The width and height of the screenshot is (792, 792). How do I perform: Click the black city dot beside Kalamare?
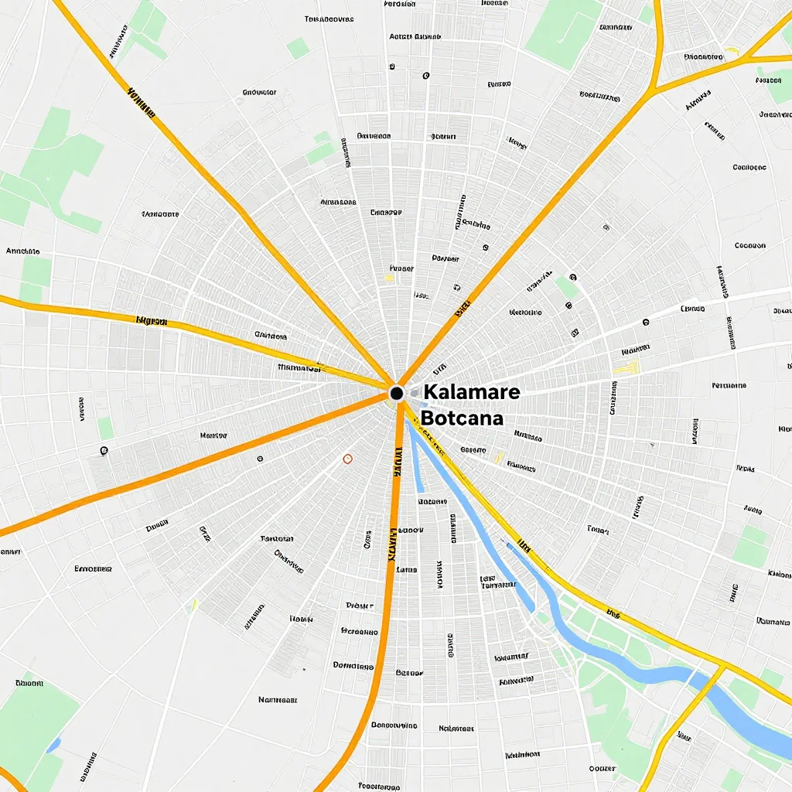tap(397, 394)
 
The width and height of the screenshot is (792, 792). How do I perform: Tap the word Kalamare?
tap(472, 392)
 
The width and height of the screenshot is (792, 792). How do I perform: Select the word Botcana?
tap(463, 418)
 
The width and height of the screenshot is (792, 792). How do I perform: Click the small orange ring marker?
tap(347, 459)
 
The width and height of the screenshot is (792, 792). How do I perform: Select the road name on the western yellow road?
tap(152, 319)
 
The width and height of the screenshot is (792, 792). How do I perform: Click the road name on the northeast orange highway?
tap(463, 310)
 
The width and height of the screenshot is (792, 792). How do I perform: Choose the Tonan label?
tap(598, 530)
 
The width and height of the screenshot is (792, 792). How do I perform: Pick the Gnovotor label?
tap(259, 92)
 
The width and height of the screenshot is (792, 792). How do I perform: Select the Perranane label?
tap(729, 385)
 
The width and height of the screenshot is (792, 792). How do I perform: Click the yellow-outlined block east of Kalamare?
tap(626, 367)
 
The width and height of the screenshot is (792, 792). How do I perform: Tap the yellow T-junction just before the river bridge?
tap(725, 665)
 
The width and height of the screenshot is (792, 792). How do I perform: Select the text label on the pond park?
tap(29, 684)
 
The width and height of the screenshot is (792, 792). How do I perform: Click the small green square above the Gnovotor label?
tap(298, 48)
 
